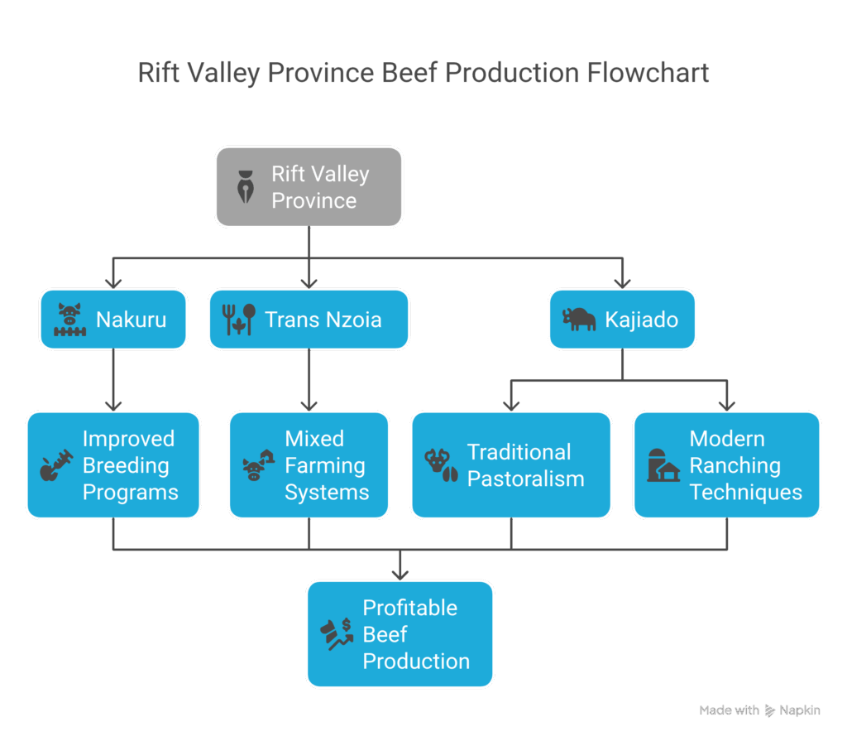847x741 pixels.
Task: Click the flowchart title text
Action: pos(423,73)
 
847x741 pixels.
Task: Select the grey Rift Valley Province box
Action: pos(309,187)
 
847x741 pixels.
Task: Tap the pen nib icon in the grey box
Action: pos(246,188)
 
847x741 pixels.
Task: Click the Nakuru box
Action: pos(113,319)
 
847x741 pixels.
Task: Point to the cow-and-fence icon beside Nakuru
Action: pos(70,319)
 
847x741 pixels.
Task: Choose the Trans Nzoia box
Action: pos(309,319)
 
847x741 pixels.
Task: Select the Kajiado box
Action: pos(622,319)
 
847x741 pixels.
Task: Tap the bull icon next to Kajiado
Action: pos(579,319)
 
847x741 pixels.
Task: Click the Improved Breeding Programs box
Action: pos(113,465)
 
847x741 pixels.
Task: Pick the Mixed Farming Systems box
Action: pos(309,465)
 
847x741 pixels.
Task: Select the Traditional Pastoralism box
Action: pos(510,465)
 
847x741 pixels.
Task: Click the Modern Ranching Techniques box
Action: pos(727,465)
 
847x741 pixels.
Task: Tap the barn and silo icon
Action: pos(663,466)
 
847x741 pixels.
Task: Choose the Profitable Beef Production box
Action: pos(400,634)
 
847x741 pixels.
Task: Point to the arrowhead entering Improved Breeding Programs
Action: pos(113,405)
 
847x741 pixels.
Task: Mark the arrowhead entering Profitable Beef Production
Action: pos(400,573)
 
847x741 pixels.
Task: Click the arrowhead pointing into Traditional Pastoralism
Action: pos(510,405)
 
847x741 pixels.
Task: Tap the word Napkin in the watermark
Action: pos(800,710)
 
